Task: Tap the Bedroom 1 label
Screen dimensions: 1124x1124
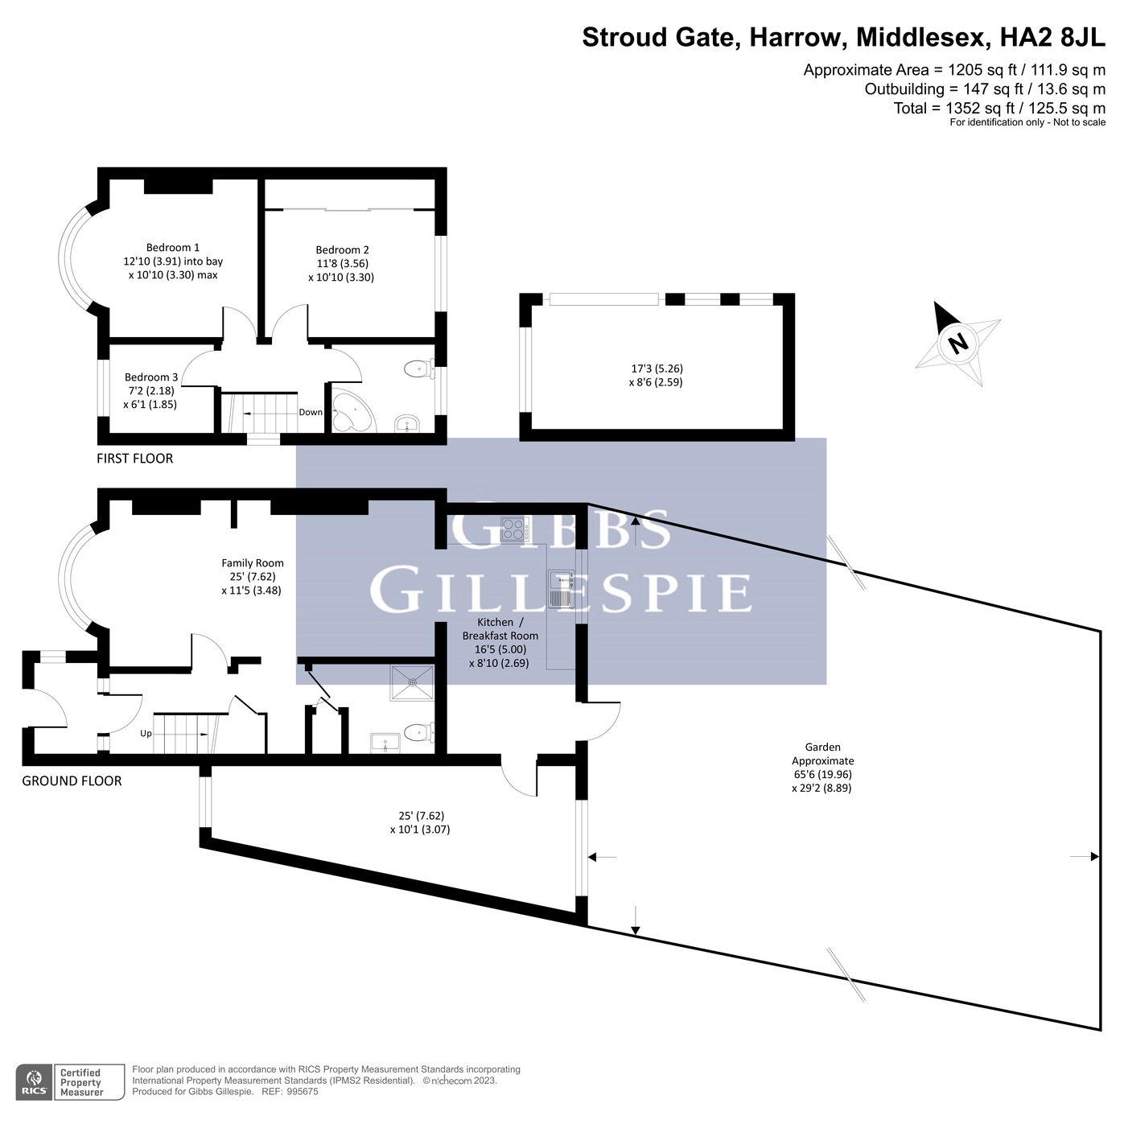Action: click(x=173, y=247)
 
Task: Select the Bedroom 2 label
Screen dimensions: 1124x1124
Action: click(x=343, y=249)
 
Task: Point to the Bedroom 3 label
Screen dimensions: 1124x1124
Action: click(x=151, y=377)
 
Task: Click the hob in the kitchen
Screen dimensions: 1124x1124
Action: click(x=514, y=529)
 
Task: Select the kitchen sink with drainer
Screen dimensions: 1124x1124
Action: click(x=561, y=588)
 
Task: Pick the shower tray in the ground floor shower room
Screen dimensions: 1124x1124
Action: click(x=413, y=682)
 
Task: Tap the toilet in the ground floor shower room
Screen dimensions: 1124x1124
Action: click(x=419, y=732)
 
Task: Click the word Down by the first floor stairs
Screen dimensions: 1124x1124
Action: click(x=311, y=413)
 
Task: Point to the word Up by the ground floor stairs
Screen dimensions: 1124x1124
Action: click(x=146, y=734)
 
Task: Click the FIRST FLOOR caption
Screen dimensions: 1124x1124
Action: click(x=134, y=459)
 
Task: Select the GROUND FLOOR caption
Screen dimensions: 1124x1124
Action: click(x=72, y=781)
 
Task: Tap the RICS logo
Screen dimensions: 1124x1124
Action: click(x=35, y=1081)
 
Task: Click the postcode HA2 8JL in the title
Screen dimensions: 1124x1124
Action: click(x=1053, y=37)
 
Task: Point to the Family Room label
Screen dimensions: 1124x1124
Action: click(x=253, y=563)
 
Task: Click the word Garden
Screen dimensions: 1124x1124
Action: click(x=823, y=747)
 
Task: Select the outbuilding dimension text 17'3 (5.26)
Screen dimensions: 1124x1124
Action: click(x=657, y=368)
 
